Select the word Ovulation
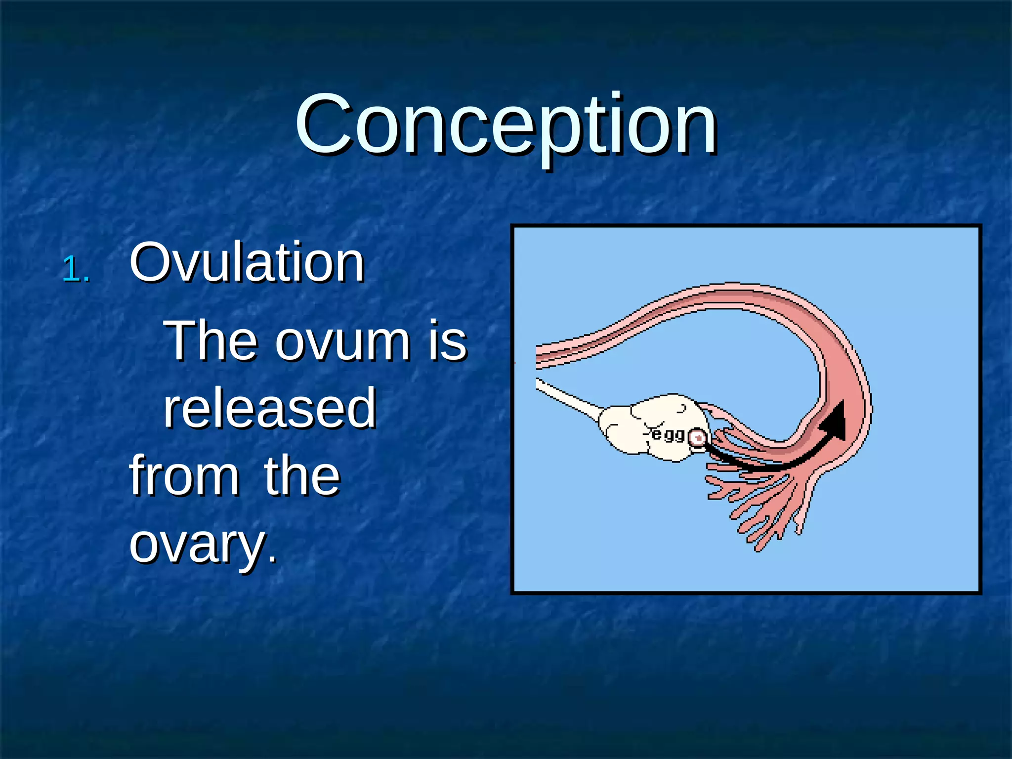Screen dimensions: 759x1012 247,263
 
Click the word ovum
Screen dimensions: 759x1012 342,341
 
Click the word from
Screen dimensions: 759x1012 184,475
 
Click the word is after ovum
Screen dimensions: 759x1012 447,341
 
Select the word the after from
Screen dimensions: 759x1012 302,475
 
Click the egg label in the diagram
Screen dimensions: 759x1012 668,434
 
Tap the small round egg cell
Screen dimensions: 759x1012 698,438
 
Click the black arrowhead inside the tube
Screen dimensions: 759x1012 836,420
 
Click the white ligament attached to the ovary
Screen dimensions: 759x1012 568,400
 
